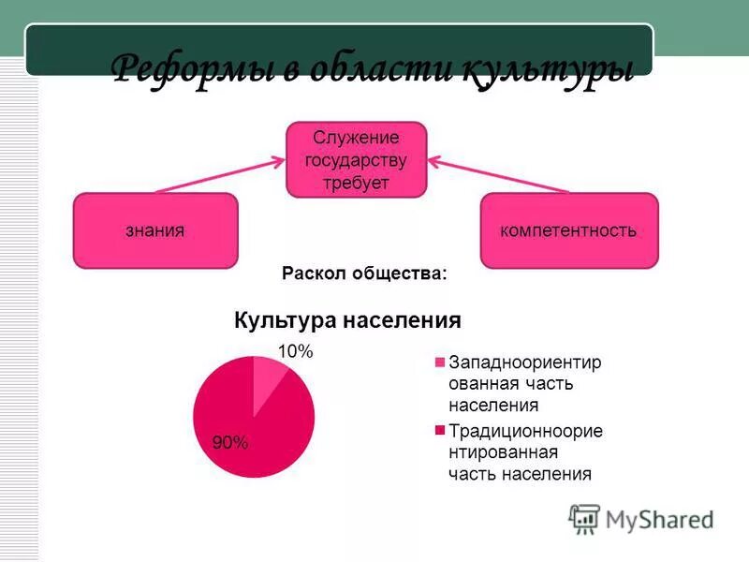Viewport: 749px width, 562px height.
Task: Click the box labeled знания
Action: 155,230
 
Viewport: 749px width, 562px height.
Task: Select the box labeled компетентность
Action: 568,230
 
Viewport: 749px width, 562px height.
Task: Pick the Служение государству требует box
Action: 356,160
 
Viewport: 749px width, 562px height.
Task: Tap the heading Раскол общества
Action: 364,274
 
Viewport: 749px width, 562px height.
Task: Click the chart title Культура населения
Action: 347,320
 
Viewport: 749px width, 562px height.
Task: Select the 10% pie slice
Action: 269,377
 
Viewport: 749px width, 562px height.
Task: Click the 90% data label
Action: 229,443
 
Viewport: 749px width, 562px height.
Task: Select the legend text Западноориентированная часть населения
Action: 523,384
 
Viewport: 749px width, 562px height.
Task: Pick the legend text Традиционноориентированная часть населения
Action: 524,452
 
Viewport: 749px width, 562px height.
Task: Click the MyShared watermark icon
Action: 584,518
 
